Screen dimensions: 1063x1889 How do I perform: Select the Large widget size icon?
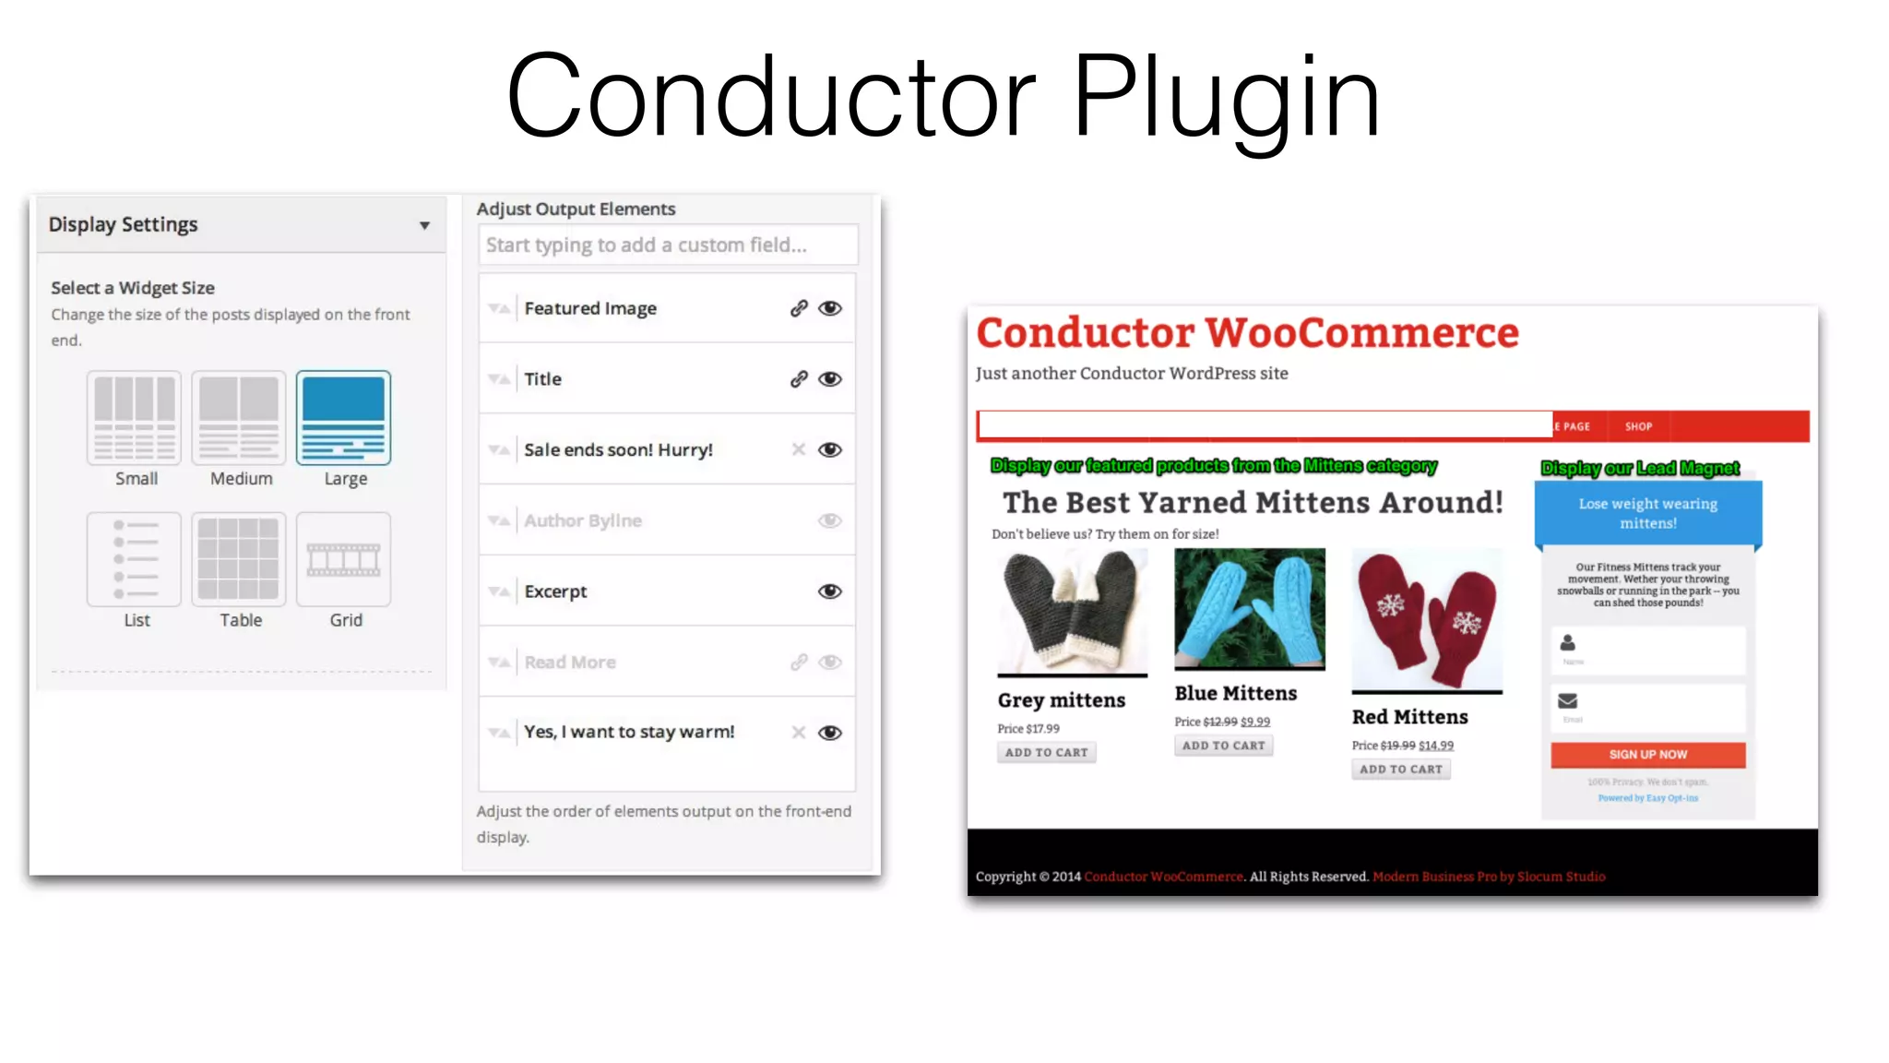coord(343,418)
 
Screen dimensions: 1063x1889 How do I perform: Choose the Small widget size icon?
coord(135,418)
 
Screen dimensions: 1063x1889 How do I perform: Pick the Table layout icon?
coord(239,559)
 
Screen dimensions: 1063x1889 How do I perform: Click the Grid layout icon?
coord(343,559)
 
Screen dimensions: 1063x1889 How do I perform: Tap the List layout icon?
coord(135,559)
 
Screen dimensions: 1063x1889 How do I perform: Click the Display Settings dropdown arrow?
coord(424,225)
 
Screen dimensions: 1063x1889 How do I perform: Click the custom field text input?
coord(668,245)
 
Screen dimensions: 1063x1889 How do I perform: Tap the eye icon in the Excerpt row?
coord(830,591)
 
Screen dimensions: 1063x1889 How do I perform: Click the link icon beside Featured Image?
coord(799,308)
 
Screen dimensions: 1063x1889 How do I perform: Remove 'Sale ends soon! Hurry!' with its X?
coord(799,449)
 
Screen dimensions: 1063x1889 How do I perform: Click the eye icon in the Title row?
coord(830,379)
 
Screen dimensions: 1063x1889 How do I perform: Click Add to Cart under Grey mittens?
coord(1046,753)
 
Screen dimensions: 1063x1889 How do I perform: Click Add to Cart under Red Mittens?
coord(1400,770)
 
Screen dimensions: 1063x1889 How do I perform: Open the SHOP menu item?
coord(1638,426)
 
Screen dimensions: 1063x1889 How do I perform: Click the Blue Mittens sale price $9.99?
coord(1255,723)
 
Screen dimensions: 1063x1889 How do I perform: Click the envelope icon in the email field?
coord(1568,701)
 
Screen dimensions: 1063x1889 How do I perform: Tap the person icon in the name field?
coord(1568,642)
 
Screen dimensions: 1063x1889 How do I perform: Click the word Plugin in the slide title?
coord(1226,97)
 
